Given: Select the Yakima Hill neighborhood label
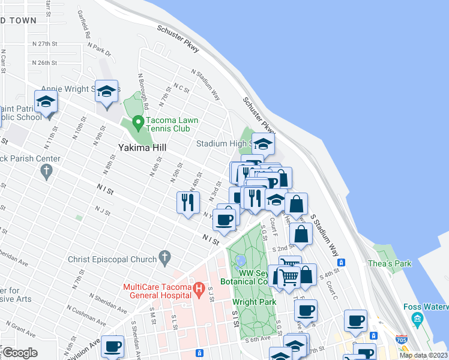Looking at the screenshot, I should pos(142,147).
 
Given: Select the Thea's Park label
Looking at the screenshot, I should pos(395,263).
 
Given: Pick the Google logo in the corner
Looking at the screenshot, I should pos(19,353).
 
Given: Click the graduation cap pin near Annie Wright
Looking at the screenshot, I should pos(106,92).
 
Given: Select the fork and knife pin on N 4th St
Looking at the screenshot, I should pos(188,202).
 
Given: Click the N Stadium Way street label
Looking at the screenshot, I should pos(206,85).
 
